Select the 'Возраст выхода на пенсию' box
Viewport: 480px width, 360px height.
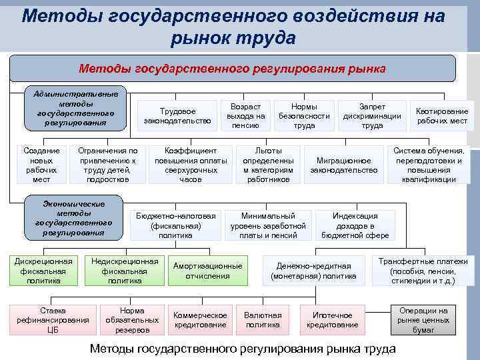click(x=245, y=115)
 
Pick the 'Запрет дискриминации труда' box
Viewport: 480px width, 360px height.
click(x=372, y=115)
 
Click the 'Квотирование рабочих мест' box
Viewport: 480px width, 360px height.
click(x=442, y=115)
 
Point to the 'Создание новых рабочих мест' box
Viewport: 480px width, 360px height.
click(x=41, y=165)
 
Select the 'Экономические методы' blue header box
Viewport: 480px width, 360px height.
click(x=73, y=217)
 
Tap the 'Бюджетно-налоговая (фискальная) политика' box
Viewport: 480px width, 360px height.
click(x=175, y=225)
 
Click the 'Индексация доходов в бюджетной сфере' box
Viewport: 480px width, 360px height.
click(x=355, y=225)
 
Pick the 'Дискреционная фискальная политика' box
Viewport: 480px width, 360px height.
click(x=44, y=271)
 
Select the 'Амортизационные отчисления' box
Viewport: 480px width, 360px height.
click(x=207, y=271)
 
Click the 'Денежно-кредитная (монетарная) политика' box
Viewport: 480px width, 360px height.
click(x=313, y=271)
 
